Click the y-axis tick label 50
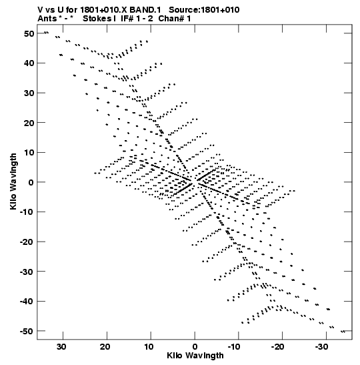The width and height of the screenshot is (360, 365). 29,34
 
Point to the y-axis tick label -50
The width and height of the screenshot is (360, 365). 27,331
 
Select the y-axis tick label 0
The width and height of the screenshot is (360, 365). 31,183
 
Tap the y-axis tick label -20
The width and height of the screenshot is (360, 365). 27,242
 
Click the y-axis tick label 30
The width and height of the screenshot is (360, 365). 29,93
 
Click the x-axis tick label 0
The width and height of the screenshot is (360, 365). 195,347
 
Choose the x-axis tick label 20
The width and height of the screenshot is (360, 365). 105,347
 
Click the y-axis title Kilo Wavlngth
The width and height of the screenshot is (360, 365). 13,181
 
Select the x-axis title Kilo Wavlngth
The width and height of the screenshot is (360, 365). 195,356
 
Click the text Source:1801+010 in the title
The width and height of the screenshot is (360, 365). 204,10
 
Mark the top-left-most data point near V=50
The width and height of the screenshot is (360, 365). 46,32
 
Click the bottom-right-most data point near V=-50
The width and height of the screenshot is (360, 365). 343,332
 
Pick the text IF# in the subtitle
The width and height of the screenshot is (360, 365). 127,19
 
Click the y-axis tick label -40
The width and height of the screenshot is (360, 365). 27,302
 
